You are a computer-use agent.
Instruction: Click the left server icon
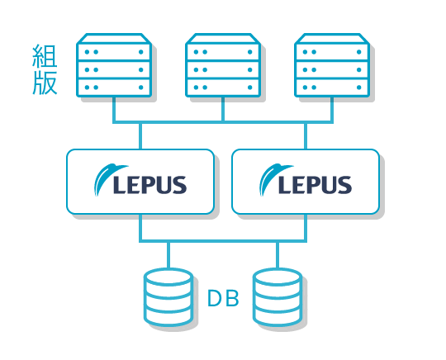pos(114,65)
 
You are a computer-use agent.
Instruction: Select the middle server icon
pos(223,65)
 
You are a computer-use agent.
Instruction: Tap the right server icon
pos(332,65)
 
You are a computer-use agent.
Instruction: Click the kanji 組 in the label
pos(45,56)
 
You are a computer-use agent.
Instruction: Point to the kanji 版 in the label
pos(45,83)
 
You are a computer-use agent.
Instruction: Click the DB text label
pos(223,298)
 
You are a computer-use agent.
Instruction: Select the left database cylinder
pos(168,296)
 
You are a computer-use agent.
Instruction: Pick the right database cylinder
pos(278,296)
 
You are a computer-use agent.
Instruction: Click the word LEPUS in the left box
pos(149,185)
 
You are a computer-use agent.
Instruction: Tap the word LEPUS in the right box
pos(316,185)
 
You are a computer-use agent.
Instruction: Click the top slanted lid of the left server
pos(114,38)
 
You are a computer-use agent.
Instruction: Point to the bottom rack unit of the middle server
pos(223,88)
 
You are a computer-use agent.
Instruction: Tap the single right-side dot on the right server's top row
pos(359,52)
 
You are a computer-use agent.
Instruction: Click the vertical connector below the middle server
pos(223,110)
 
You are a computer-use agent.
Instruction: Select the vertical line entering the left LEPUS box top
pos(140,136)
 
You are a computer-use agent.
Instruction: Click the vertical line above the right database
pos(278,255)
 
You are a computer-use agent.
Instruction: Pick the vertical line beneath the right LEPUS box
pos(306,228)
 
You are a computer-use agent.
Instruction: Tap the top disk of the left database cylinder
pos(168,277)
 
